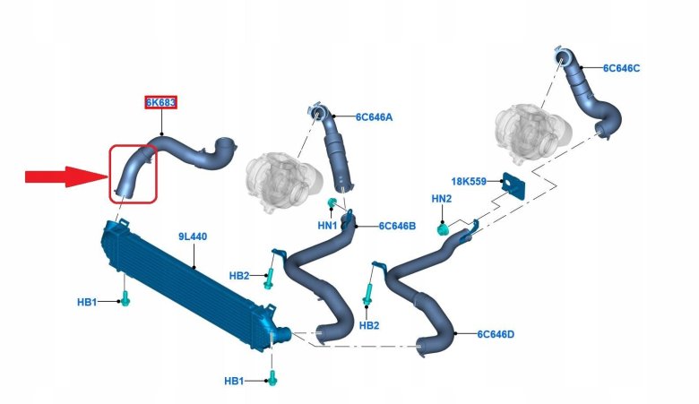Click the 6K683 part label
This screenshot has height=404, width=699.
[x=161, y=102]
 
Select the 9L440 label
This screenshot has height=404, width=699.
[x=192, y=236]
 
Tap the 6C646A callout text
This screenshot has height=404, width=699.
[x=374, y=117]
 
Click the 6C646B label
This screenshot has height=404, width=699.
[x=397, y=226]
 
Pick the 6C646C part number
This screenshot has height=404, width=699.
[x=621, y=68]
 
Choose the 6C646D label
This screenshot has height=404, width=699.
[x=495, y=334]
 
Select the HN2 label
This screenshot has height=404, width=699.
[x=442, y=198]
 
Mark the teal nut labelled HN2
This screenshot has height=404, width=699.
[x=442, y=229]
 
